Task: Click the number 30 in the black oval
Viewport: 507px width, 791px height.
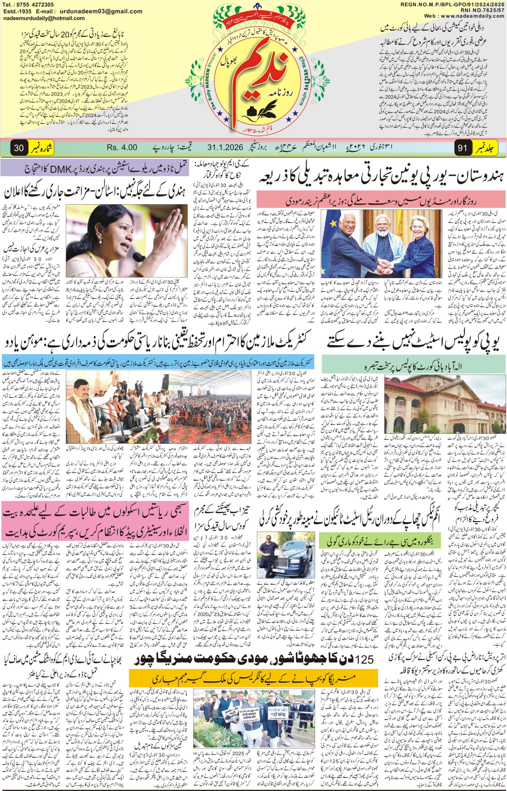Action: click(19, 148)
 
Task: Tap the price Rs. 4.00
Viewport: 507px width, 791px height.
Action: click(121, 147)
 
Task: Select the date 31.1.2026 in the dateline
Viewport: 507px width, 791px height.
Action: click(225, 147)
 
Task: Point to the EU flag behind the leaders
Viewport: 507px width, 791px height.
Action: click(329, 231)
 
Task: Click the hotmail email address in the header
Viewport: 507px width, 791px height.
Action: click(44, 19)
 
